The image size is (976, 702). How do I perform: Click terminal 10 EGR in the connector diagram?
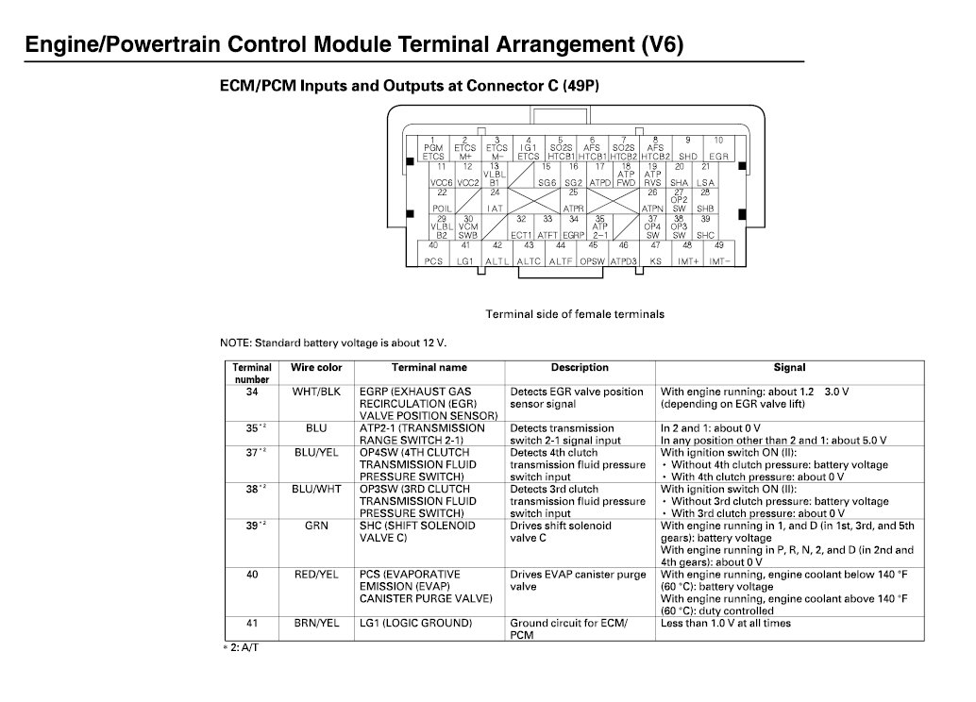[719, 148]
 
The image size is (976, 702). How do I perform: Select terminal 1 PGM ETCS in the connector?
[433, 148]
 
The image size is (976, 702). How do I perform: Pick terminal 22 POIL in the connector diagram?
[441, 200]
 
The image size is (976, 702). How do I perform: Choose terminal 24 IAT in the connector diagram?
[495, 200]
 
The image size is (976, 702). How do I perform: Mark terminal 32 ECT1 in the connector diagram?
[521, 226]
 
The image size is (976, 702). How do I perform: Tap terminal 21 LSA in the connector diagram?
[705, 175]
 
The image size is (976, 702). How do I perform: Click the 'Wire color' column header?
[316, 368]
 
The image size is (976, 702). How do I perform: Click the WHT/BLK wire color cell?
[316, 392]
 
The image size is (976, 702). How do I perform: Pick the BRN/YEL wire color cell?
[316, 623]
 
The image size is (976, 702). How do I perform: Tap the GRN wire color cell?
[316, 526]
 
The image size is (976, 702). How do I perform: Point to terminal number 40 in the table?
[252, 574]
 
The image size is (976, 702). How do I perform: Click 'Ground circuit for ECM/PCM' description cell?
[569, 629]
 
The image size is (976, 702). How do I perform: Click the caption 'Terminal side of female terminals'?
[575, 314]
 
